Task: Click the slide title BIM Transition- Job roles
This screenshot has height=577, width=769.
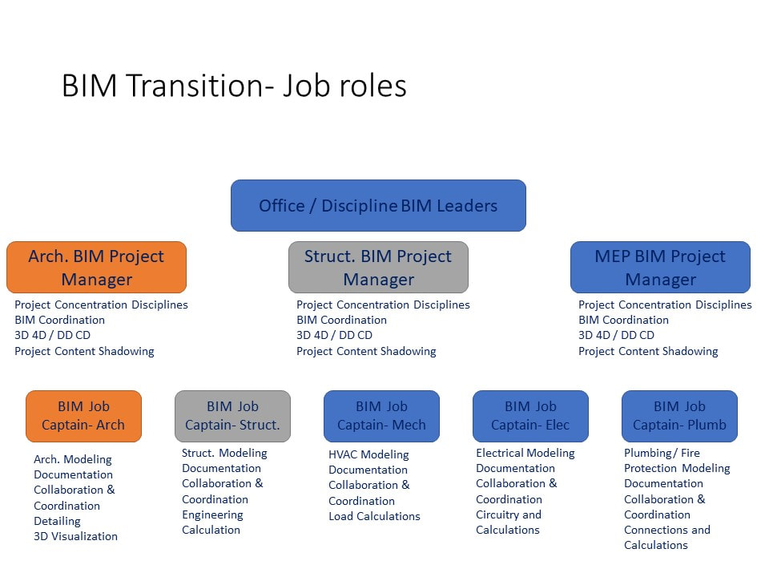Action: pyautogui.click(x=234, y=86)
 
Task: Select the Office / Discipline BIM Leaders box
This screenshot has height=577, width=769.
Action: pyautogui.click(x=378, y=206)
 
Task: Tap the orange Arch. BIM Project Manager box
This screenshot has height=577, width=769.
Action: pyautogui.click(x=97, y=268)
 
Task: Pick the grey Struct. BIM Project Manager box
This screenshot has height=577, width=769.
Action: pyautogui.click(x=378, y=268)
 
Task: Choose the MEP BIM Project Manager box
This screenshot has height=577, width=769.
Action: pyautogui.click(x=660, y=268)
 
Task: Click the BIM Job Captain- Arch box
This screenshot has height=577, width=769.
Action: pyautogui.click(x=84, y=416)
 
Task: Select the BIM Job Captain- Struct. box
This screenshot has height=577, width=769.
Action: pyautogui.click(x=232, y=416)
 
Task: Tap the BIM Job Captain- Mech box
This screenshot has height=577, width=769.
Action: pyautogui.click(x=381, y=416)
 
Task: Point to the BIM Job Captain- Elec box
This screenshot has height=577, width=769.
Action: pyautogui.click(x=530, y=416)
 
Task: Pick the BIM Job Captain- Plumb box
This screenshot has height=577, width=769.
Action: pyautogui.click(x=679, y=416)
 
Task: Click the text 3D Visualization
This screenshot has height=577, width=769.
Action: pyautogui.click(x=75, y=536)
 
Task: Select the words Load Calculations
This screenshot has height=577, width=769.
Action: pyautogui.click(x=374, y=516)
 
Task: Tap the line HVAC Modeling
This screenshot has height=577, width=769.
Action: pyautogui.click(x=368, y=455)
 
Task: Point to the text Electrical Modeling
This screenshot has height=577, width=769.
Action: pyautogui.click(x=525, y=453)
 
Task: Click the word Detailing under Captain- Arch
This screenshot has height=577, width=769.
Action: pyautogui.click(x=57, y=521)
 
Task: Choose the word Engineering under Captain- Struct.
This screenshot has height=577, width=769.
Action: pyautogui.click(x=212, y=514)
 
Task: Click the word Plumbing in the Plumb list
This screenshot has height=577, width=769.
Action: pyautogui.click(x=647, y=453)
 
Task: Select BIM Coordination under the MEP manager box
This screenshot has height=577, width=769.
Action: pyautogui.click(x=623, y=320)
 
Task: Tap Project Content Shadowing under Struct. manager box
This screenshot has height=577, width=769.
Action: pyautogui.click(x=366, y=351)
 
